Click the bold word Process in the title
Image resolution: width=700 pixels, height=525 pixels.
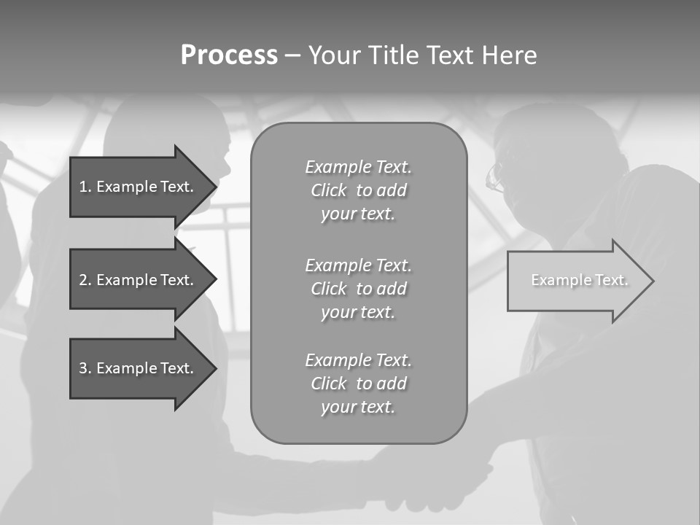point(229,55)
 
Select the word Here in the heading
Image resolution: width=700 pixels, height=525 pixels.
point(510,55)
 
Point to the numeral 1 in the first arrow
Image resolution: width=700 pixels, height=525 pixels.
point(83,187)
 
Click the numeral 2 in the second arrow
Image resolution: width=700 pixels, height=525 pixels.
point(83,280)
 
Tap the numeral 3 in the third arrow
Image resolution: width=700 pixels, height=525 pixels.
point(83,368)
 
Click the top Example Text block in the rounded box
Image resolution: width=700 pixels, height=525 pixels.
point(359,190)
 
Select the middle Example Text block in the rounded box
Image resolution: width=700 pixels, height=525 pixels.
point(359,288)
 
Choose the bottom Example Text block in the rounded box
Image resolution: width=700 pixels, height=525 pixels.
point(359,384)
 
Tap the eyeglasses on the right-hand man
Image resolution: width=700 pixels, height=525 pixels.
point(496,177)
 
